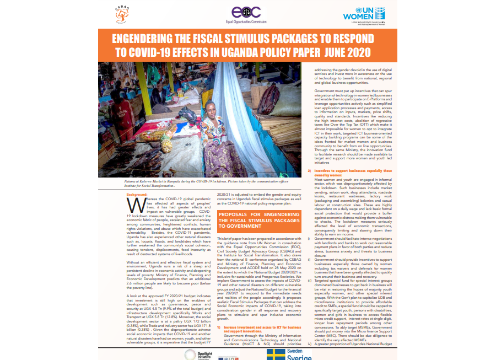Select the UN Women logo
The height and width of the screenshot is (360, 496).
pos(363,14)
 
